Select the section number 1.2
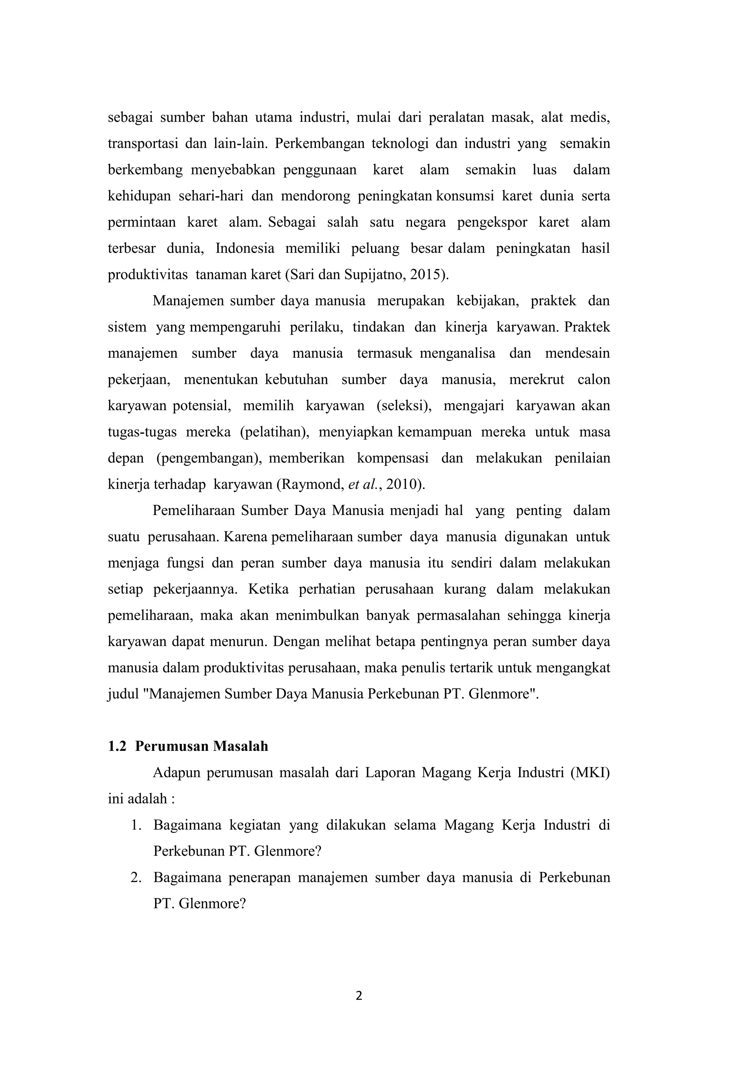117,746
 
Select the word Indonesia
245,248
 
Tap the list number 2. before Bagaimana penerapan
135,878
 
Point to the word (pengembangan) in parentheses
210,458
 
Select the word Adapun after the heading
176,773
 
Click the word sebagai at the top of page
130,117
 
